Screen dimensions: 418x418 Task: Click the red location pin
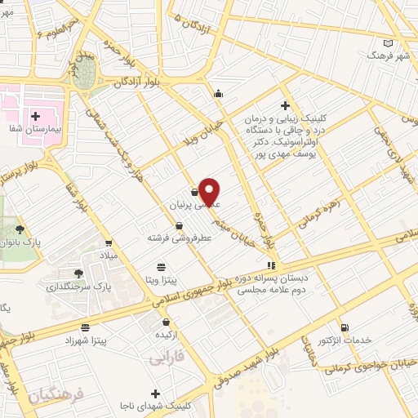(211, 191)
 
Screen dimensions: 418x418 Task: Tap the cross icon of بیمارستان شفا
(35, 116)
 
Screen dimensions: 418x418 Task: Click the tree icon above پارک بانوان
(20, 229)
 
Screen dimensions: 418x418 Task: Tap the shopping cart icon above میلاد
(109, 242)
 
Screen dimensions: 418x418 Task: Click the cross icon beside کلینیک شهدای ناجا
(154, 394)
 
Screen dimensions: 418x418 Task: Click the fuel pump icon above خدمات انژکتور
(343, 327)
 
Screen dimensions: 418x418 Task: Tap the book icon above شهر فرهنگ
(389, 42)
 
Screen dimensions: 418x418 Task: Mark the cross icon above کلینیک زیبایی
(285, 105)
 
